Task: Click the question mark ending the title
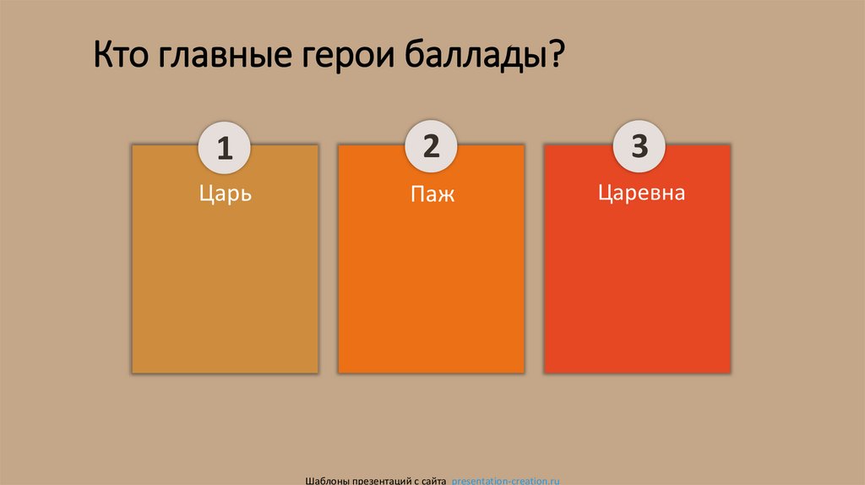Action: click(556, 59)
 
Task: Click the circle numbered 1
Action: click(225, 149)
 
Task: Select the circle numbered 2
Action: click(431, 146)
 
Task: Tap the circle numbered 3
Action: click(639, 146)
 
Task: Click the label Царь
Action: click(226, 194)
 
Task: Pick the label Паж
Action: click(432, 194)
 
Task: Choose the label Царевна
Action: click(641, 193)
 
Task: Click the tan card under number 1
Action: click(225, 287)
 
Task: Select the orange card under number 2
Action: click(431, 287)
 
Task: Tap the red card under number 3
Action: click(637, 287)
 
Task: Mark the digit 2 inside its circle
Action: click(431, 146)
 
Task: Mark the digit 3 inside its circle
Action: click(639, 146)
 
